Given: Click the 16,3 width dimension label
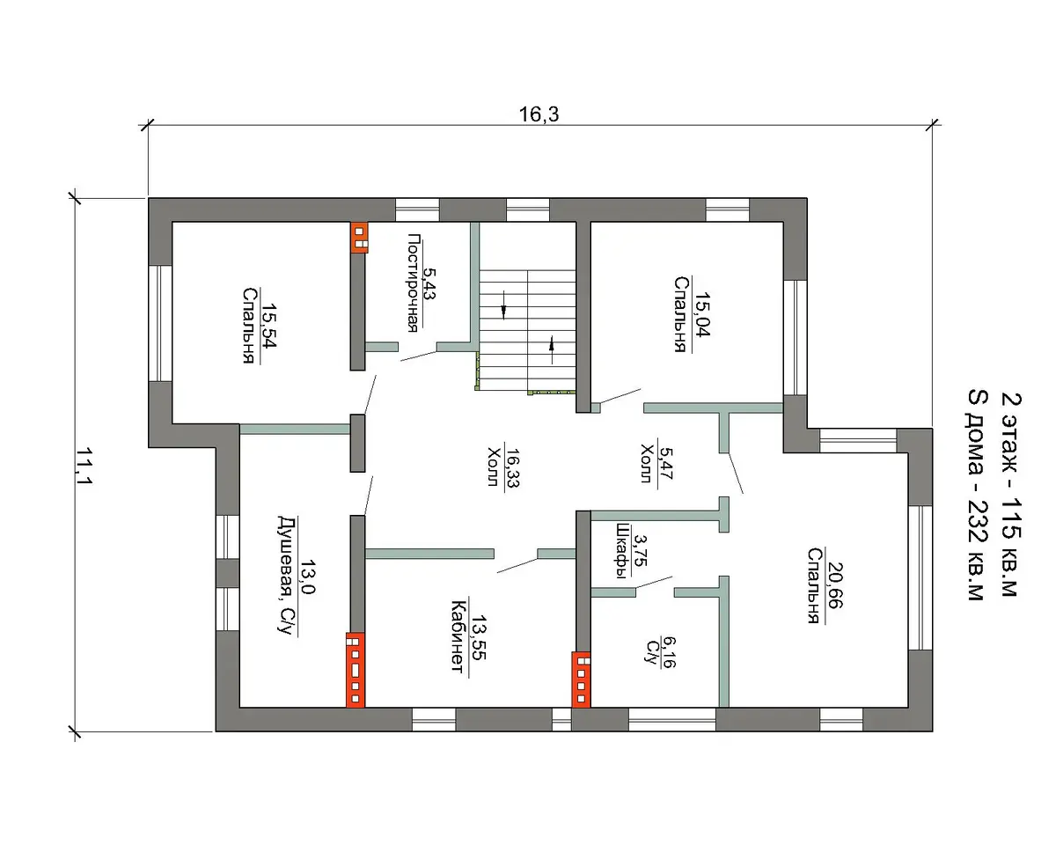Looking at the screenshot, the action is pyautogui.click(x=539, y=114).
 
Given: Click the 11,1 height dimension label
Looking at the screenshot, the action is pyautogui.click(x=84, y=466).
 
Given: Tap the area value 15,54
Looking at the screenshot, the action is pyautogui.click(x=269, y=325).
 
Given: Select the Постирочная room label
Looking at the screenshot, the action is pyautogui.click(x=414, y=283).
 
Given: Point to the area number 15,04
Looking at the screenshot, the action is pyautogui.click(x=702, y=315).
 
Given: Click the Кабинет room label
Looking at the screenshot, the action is pyautogui.click(x=458, y=636).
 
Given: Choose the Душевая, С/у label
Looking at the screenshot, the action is pyautogui.click(x=287, y=575).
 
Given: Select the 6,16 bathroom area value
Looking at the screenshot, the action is pyautogui.click(x=668, y=652).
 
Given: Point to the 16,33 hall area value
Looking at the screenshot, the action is pyautogui.click(x=512, y=468).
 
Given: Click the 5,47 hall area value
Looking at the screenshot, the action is pyautogui.click(x=665, y=464).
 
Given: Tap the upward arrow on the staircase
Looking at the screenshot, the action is pyautogui.click(x=552, y=349).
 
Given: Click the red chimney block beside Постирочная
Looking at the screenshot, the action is pyautogui.click(x=359, y=238).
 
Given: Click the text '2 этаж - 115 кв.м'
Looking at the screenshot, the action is pyautogui.click(x=1011, y=495).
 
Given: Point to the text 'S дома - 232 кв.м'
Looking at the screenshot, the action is pyautogui.click(x=977, y=495).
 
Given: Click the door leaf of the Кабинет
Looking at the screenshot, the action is pyautogui.click(x=517, y=565).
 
